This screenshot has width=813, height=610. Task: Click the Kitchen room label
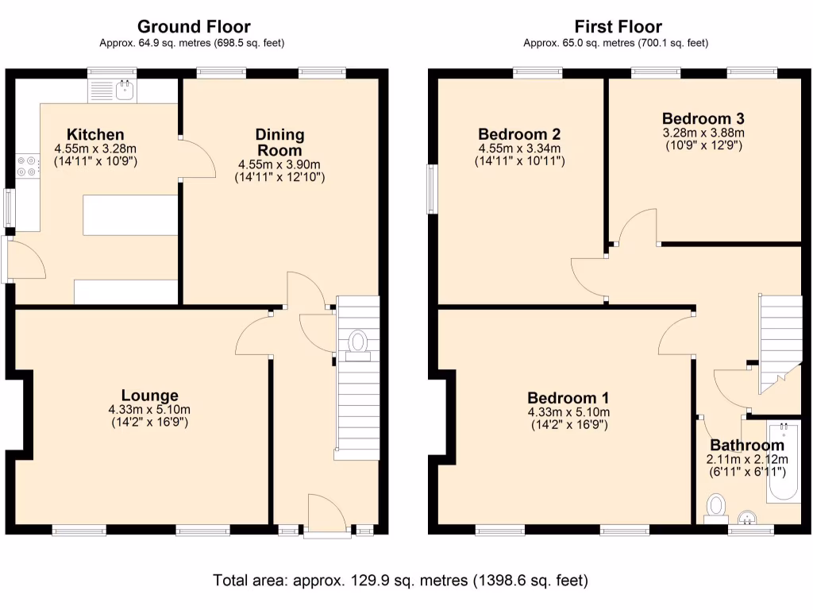[x=94, y=134]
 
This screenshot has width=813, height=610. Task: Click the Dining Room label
[x=279, y=142]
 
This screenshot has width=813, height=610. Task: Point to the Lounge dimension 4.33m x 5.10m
[x=149, y=410]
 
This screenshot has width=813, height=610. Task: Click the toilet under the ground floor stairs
[x=358, y=344]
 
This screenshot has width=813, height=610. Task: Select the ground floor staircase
[x=358, y=397]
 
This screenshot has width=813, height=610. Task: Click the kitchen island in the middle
[x=130, y=216]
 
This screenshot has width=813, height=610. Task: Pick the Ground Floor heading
[x=194, y=28]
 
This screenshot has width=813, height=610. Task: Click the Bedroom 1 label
[x=568, y=398]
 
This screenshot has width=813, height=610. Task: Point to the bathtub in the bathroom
[x=784, y=464]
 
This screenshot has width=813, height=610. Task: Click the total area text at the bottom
[x=400, y=581]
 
